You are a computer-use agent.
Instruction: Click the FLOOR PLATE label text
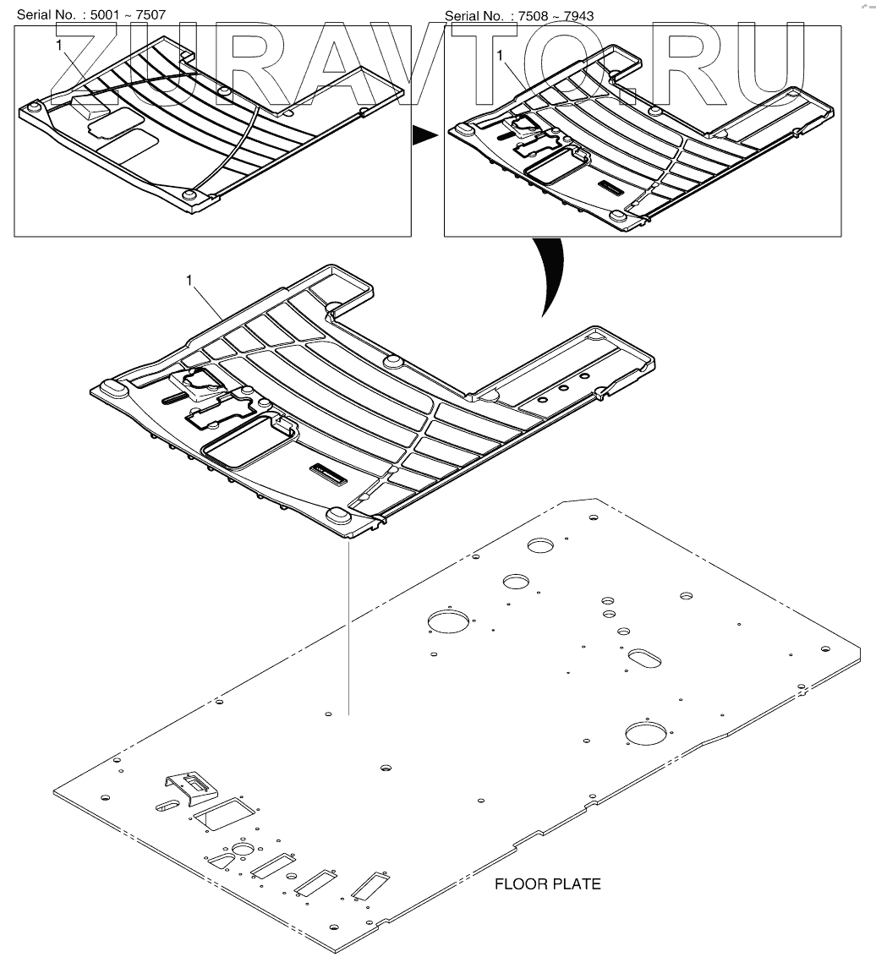(547, 884)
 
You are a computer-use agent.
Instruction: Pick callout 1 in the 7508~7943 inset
(501, 54)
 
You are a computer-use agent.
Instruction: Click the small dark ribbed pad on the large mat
(327, 474)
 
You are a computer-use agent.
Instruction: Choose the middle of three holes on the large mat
(563, 390)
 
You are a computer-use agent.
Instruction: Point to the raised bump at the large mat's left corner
(111, 386)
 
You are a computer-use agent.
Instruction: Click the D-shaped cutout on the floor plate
(221, 859)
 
